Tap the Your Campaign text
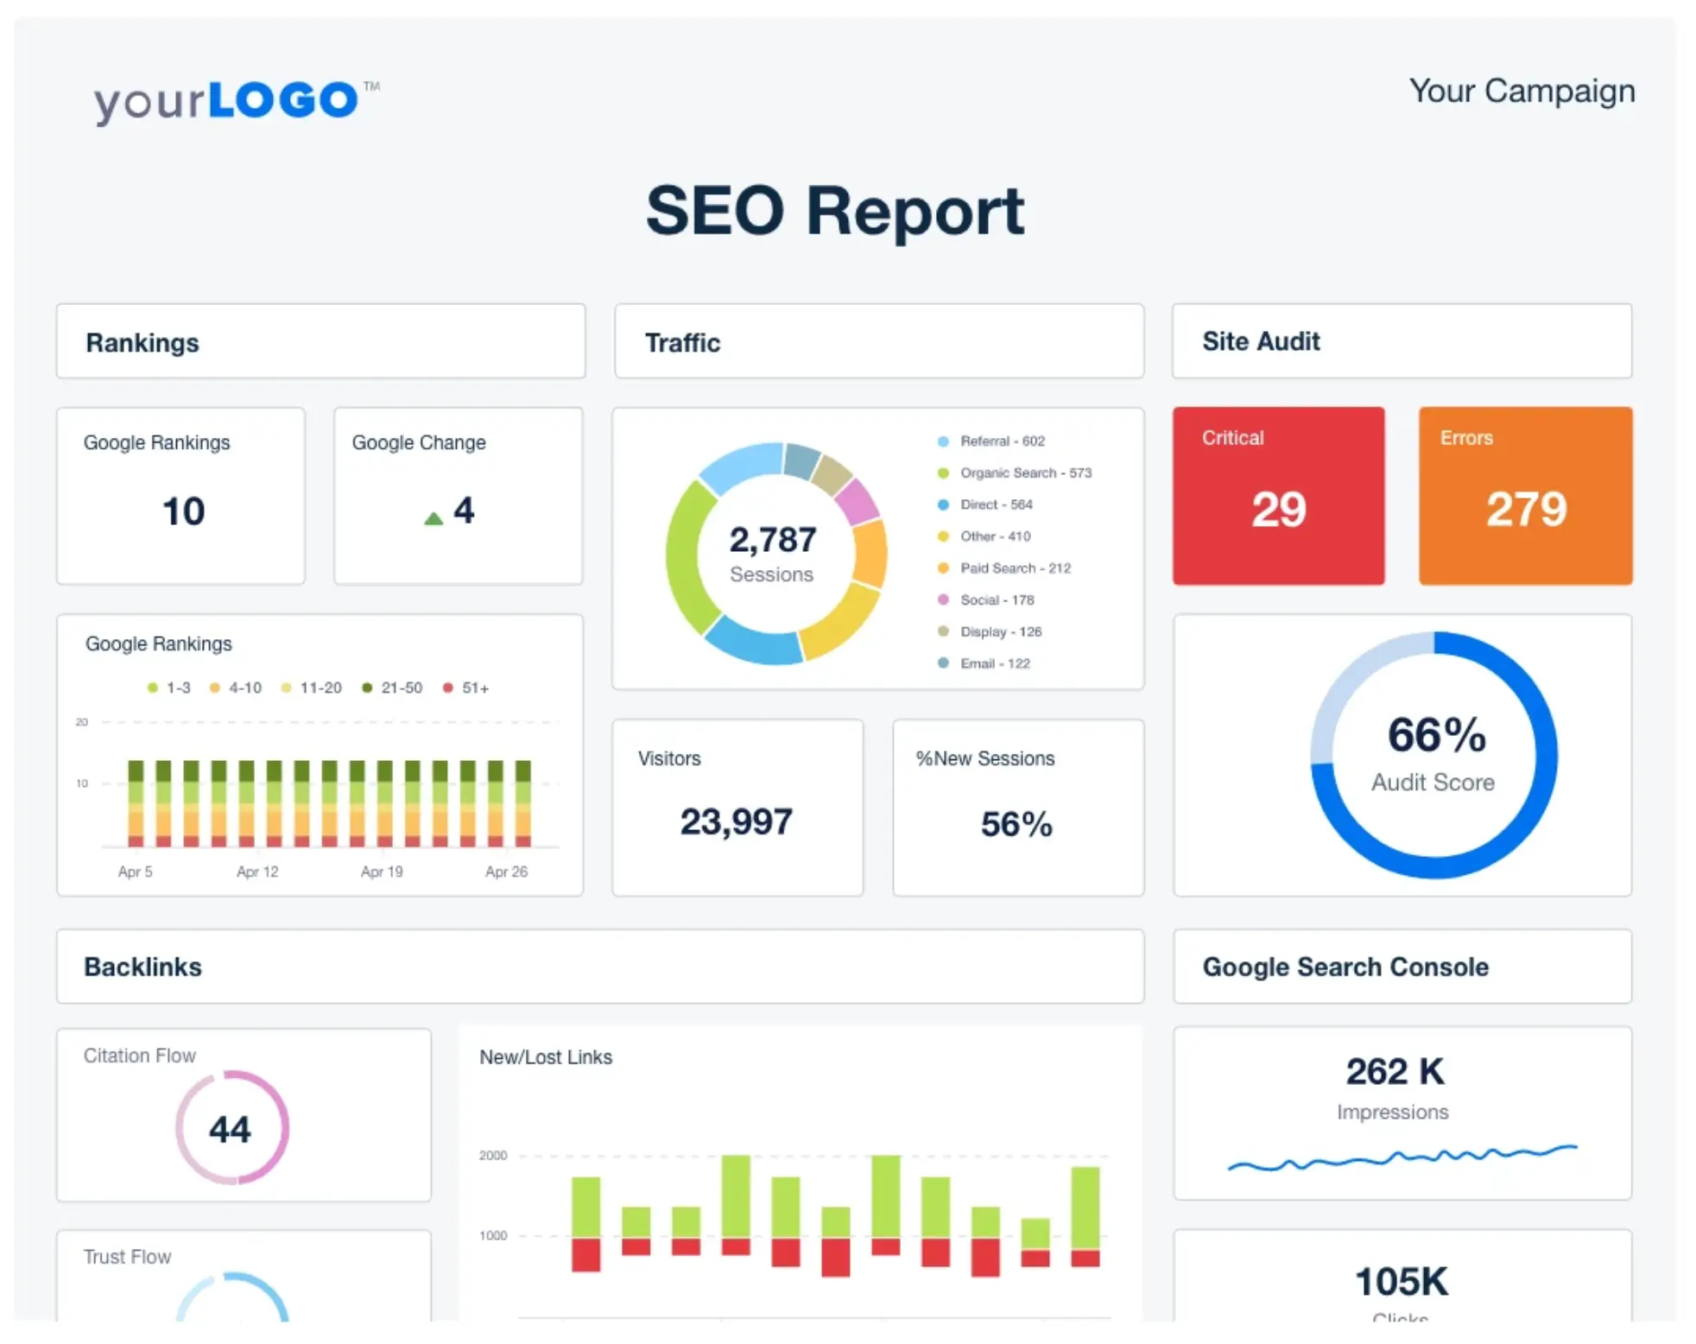point(1522,91)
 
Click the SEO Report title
point(835,211)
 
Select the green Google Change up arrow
point(433,518)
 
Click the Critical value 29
point(1278,509)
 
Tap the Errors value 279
point(1526,509)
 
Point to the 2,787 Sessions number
point(772,540)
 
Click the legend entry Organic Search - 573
point(1025,472)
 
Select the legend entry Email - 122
point(994,663)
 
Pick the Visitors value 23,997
point(736,821)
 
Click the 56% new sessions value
point(1016,824)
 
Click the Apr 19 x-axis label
point(382,872)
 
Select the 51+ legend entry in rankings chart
point(474,688)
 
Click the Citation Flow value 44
point(230,1129)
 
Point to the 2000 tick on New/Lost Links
point(493,1156)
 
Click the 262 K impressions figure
point(1395,1072)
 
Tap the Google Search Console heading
point(1345,967)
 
